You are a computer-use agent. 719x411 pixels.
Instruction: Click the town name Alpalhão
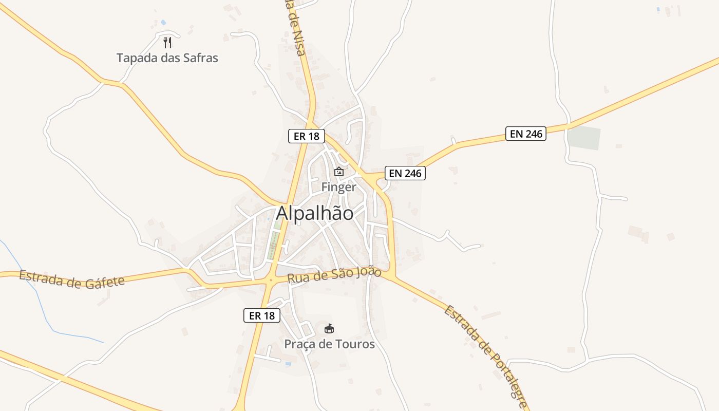pyautogui.click(x=315, y=213)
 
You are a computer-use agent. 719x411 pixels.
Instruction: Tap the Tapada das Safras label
pyautogui.click(x=167, y=58)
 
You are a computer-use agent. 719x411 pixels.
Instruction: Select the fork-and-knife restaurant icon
pyautogui.click(x=167, y=42)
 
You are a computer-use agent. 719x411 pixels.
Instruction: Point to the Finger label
pyautogui.click(x=338, y=187)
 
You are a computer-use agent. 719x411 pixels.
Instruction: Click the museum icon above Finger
pyautogui.click(x=338, y=172)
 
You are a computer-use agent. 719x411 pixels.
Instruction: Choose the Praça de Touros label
pyautogui.click(x=330, y=344)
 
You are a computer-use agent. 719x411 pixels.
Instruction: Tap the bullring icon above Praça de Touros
pyautogui.click(x=329, y=328)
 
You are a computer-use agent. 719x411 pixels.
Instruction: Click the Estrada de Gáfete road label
pyautogui.click(x=72, y=279)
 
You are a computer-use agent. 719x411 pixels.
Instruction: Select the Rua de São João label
pyautogui.click(x=334, y=275)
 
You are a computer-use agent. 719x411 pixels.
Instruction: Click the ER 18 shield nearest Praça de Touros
pyautogui.click(x=262, y=315)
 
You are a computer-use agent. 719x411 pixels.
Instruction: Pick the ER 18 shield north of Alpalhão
pyautogui.click(x=306, y=136)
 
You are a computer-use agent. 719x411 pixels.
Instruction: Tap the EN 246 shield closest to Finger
pyautogui.click(x=405, y=173)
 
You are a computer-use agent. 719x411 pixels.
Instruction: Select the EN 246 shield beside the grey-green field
pyautogui.click(x=525, y=134)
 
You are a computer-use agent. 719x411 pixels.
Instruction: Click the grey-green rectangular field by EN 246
pyautogui.click(x=584, y=138)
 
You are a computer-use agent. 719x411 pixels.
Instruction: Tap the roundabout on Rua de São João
pyautogui.click(x=270, y=281)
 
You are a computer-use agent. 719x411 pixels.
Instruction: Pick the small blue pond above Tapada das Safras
pyautogui.click(x=163, y=23)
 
